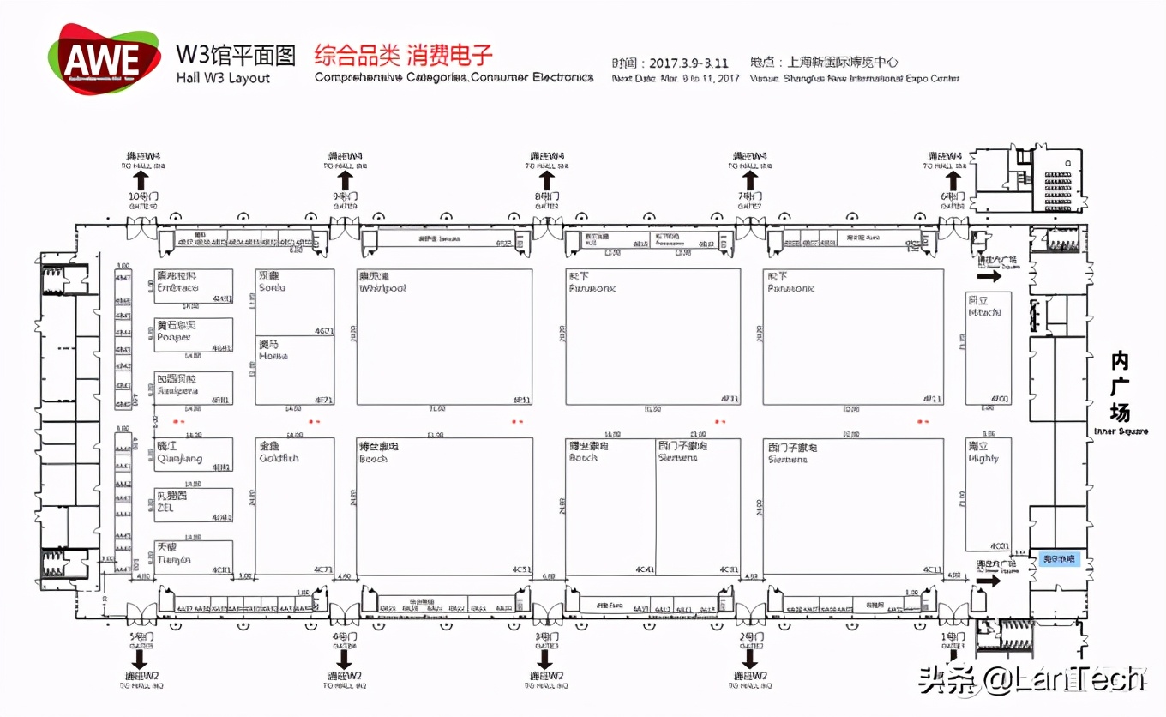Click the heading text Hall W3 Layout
click(223, 78)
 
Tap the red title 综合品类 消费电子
click(404, 56)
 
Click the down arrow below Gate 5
click(141, 659)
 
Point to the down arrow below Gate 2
click(750, 659)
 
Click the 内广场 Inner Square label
click(1120, 390)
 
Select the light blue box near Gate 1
click(1059, 559)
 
